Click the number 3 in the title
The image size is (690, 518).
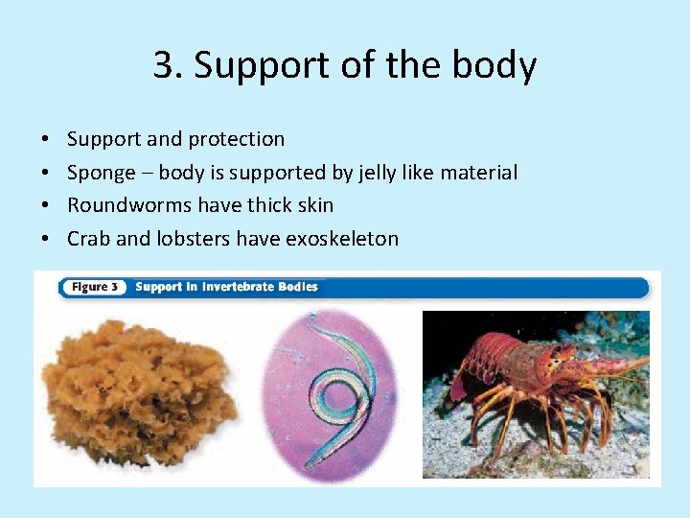coord(164,66)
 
